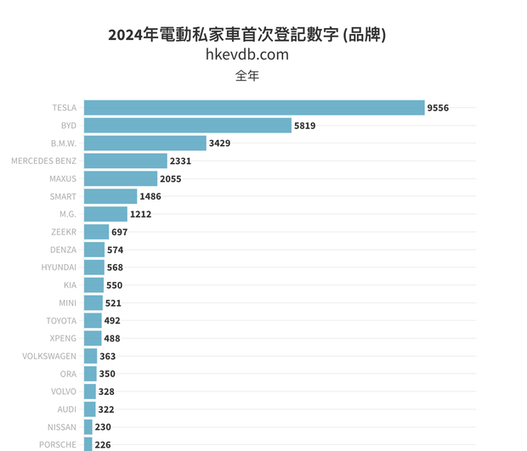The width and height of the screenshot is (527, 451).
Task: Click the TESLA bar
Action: coord(253,108)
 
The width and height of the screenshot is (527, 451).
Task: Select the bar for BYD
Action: coord(187,126)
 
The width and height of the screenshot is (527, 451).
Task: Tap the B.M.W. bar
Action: coord(144,144)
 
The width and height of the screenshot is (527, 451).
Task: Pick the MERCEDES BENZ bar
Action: coord(125,161)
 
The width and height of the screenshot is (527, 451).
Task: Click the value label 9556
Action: coord(438,108)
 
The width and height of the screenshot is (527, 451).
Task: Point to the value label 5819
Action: coord(304,126)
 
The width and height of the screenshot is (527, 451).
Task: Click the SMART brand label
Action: coord(63,196)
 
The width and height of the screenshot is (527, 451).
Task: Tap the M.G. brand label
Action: coord(65,214)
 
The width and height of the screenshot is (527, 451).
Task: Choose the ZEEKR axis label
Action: coord(64,232)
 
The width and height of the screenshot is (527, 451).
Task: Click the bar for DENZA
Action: coord(93,250)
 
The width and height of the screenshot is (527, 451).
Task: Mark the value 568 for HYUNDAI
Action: coord(115,268)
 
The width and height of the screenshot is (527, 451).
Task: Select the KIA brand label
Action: coord(70,285)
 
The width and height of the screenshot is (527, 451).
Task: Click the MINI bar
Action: coord(93,303)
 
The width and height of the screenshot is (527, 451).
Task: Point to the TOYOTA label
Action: coord(61,321)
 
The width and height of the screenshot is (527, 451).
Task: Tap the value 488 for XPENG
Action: coord(112,339)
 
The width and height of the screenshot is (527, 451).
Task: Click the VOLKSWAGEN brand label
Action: coord(49,357)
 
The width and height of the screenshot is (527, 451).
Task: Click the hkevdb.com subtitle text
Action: coord(247,55)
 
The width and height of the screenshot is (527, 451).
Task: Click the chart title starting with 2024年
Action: coord(247,35)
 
